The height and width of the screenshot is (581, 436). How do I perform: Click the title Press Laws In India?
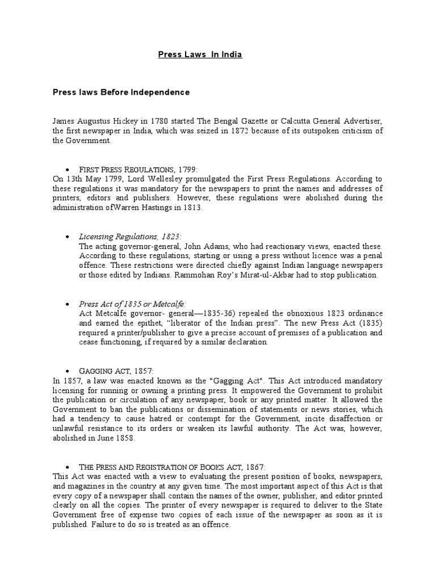[x=199, y=54]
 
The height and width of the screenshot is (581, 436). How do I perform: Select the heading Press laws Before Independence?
[x=121, y=92]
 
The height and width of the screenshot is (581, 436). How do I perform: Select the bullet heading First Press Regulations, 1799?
[x=138, y=170]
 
